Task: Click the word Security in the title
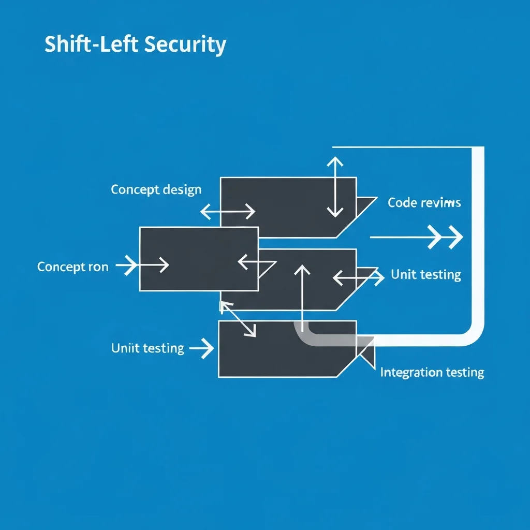click(x=185, y=45)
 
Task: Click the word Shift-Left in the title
click(x=92, y=45)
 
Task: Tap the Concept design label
click(x=156, y=189)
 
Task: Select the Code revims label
click(x=424, y=202)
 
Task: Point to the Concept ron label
click(x=73, y=267)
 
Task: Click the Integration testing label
click(x=432, y=372)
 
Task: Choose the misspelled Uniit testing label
click(x=148, y=348)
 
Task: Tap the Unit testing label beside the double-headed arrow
click(x=426, y=274)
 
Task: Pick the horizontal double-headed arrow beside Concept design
click(x=228, y=211)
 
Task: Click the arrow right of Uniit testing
click(x=202, y=349)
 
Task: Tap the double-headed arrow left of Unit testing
click(x=358, y=277)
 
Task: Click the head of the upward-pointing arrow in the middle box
click(x=302, y=271)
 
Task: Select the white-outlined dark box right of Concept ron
click(x=199, y=259)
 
